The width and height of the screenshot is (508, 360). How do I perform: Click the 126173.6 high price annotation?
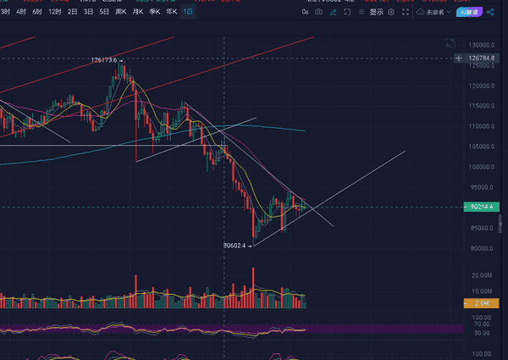click(105, 60)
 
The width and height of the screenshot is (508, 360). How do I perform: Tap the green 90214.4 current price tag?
click(480, 207)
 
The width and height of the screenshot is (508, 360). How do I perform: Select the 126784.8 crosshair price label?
click(481, 58)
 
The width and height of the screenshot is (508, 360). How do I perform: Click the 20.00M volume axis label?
click(482, 275)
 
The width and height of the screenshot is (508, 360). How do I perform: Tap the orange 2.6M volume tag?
click(481, 302)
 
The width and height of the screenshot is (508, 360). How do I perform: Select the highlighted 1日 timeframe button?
click(188, 13)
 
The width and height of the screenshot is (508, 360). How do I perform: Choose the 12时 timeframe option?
click(55, 13)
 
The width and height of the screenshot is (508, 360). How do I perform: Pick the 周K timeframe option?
click(121, 13)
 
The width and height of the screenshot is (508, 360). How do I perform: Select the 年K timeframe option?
click(172, 13)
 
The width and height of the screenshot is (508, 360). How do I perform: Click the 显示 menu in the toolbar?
click(377, 13)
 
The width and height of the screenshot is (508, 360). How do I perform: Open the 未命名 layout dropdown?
click(434, 13)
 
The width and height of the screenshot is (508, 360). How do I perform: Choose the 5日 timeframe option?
click(104, 13)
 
